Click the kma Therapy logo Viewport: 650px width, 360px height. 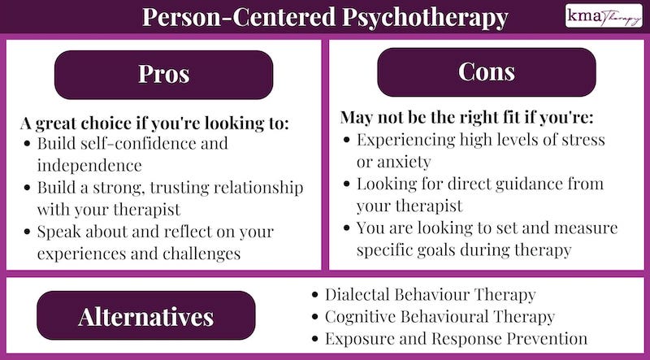[x=604, y=16]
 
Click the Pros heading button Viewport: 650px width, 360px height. [x=163, y=74]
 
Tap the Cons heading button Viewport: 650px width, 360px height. [x=486, y=72]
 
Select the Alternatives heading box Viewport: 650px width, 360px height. [x=146, y=316]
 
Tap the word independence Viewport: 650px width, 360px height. [x=89, y=165]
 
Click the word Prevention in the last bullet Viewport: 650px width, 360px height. [x=545, y=338]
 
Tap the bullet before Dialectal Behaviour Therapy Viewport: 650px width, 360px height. [x=314, y=294]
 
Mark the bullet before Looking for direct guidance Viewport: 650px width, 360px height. [x=347, y=184]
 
